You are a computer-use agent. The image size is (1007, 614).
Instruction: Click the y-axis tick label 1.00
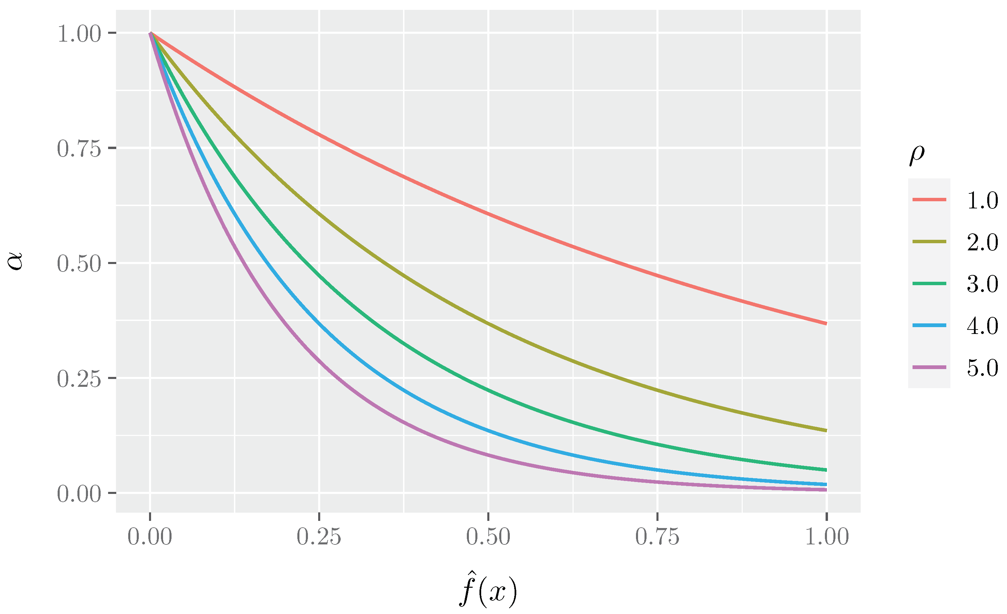point(79,33)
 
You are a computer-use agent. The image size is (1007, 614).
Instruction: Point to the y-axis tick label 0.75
point(79,148)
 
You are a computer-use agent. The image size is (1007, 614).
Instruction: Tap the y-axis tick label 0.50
point(79,264)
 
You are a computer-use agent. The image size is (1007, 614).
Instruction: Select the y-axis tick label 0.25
point(79,379)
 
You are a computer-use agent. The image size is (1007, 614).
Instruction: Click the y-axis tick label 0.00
point(79,494)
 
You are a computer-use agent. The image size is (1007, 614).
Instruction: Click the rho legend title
point(917,155)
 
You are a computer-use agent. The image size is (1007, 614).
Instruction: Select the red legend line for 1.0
point(929,200)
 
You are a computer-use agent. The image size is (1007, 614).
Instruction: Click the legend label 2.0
point(982,242)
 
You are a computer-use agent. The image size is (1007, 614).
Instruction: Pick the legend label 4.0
point(982,326)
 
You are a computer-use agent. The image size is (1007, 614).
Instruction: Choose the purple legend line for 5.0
point(929,367)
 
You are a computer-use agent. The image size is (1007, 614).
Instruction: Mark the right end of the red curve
point(826,323)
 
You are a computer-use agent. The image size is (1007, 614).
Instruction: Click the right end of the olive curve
point(826,430)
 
